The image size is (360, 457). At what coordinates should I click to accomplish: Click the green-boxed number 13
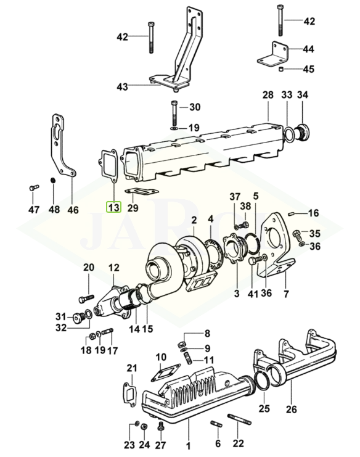tap(113, 207)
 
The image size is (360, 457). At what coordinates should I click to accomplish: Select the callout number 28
tap(268, 95)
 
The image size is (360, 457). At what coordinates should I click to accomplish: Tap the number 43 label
tap(122, 86)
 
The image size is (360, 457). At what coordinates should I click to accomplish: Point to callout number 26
tap(291, 409)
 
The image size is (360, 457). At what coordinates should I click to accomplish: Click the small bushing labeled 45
tap(281, 69)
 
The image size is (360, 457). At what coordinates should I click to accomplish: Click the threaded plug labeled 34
tap(303, 133)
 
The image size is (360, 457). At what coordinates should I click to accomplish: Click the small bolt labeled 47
tap(34, 187)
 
